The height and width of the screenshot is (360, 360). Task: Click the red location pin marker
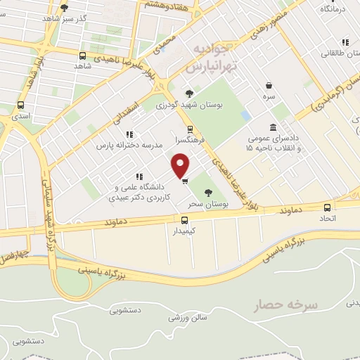point(181,165)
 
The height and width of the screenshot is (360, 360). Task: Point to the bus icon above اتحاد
point(328,207)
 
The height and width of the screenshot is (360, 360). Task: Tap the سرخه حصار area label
point(287,304)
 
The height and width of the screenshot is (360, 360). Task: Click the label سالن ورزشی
point(187,317)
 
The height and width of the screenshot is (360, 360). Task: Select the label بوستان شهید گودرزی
point(189,105)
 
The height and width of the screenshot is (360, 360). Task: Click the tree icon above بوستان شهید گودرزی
point(189,94)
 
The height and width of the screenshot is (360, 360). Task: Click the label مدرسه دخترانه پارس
point(129,144)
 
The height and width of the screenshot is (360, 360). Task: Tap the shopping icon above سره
point(269,83)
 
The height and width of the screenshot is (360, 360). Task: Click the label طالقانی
point(335,53)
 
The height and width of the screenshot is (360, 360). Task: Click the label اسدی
point(20,116)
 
